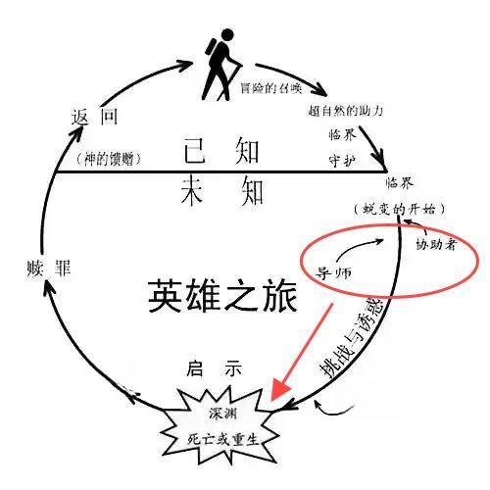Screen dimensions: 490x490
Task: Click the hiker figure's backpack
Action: point(211,48)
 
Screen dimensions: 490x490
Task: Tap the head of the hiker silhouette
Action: point(227,35)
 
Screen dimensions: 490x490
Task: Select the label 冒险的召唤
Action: point(271,88)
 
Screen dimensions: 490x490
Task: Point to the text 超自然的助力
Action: point(345,111)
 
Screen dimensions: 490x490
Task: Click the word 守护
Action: point(342,161)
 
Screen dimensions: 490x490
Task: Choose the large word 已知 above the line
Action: point(221,151)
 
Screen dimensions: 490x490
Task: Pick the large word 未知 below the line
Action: point(221,190)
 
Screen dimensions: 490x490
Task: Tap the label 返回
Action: point(94,117)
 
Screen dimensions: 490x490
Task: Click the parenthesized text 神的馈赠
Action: point(109,159)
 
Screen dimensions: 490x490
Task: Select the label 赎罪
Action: point(49,269)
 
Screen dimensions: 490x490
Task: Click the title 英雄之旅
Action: point(223,296)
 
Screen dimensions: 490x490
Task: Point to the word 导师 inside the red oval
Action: point(333,272)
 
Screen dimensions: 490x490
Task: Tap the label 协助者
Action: point(436,244)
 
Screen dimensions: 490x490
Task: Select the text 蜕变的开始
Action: point(399,209)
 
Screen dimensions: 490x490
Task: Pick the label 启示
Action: point(215,368)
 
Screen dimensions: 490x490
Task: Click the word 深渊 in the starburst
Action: point(223,414)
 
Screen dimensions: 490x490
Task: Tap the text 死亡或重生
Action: point(223,439)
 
